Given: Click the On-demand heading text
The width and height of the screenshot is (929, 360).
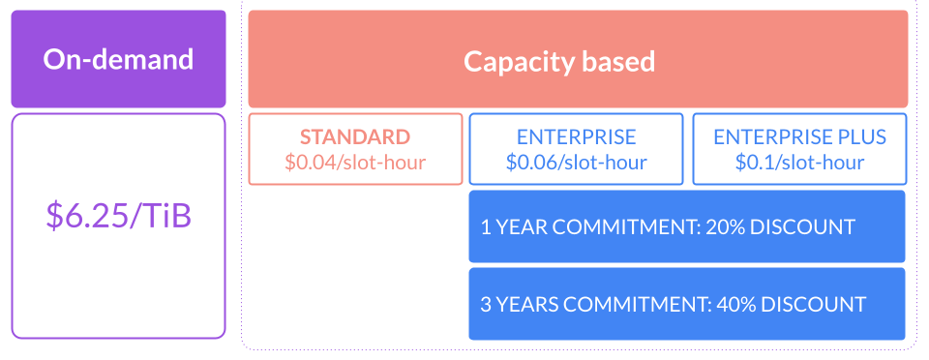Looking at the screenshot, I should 118,59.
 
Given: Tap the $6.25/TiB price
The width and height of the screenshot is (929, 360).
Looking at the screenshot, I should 118,215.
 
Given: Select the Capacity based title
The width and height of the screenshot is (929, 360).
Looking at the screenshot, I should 558,62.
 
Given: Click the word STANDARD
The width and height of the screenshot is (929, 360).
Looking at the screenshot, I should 354,137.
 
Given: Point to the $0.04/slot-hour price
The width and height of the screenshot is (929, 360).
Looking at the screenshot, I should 354,162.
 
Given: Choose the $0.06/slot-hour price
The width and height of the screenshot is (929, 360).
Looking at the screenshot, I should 576,162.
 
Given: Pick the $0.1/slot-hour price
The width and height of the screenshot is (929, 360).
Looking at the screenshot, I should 799,162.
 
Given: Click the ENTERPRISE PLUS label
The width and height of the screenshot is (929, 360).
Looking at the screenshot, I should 799,137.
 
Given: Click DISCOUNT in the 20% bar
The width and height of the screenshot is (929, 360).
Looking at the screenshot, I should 808,227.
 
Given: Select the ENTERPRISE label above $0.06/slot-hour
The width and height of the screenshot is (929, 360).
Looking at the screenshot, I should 576,137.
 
